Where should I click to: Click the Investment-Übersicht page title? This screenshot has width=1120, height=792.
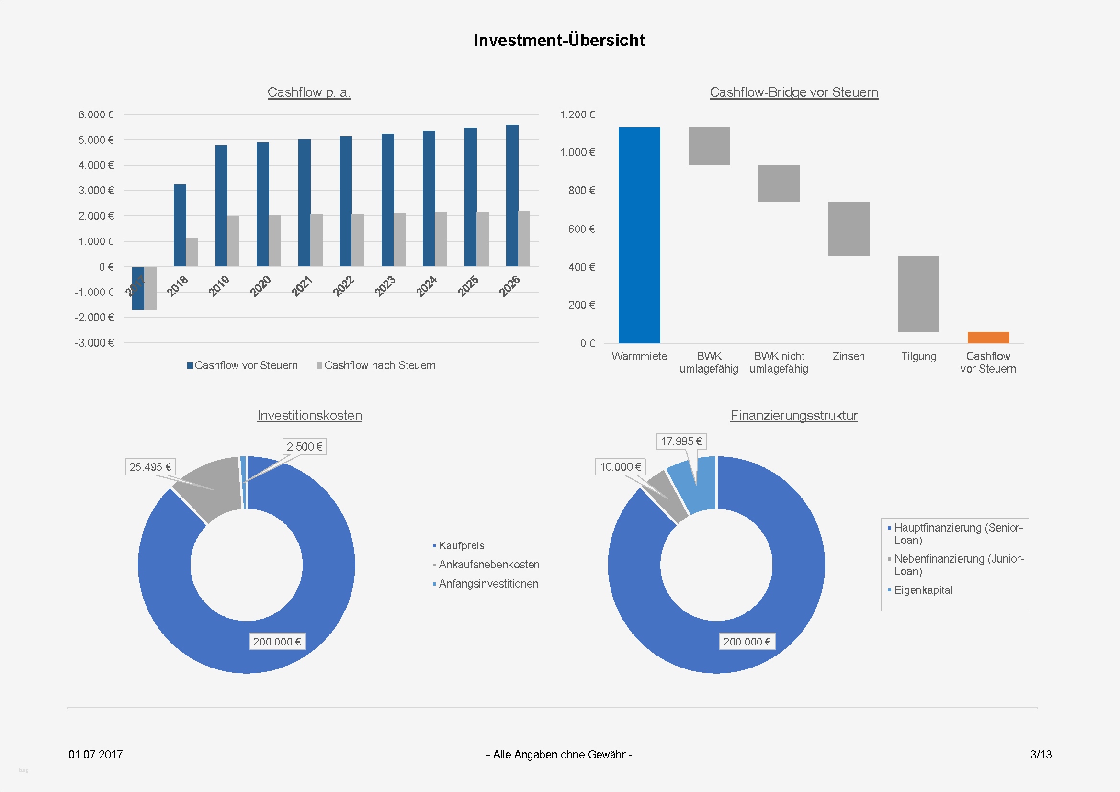pos(559,40)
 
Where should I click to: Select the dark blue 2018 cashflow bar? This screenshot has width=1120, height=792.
pos(180,225)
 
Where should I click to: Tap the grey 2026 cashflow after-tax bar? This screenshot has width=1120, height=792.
pos(524,238)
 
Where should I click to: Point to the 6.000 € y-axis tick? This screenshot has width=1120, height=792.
pos(96,114)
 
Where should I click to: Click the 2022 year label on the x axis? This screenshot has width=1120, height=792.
pos(343,286)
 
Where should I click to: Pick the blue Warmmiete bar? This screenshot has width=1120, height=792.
pos(639,235)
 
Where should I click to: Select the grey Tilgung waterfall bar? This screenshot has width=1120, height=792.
pos(918,294)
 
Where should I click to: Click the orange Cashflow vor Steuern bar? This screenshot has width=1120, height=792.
pos(988,338)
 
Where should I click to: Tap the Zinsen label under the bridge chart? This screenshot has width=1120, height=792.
pos(848,357)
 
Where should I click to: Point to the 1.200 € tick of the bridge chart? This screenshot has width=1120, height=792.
pos(577,114)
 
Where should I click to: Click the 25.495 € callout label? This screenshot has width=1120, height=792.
pos(150,467)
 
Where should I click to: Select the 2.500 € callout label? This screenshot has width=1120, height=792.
pos(305,446)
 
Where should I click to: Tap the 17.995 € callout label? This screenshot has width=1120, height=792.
pos(681,441)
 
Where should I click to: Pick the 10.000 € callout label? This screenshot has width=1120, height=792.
pos(620,467)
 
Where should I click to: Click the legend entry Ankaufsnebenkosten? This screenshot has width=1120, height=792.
pos(489,564)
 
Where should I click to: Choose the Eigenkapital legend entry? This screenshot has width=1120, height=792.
pos(923,590)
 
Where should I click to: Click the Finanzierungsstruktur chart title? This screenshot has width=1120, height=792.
pos(793,416)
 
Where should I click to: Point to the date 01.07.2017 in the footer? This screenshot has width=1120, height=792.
pos(96,755)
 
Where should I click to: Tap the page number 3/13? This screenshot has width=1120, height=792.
pos(1041,755)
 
